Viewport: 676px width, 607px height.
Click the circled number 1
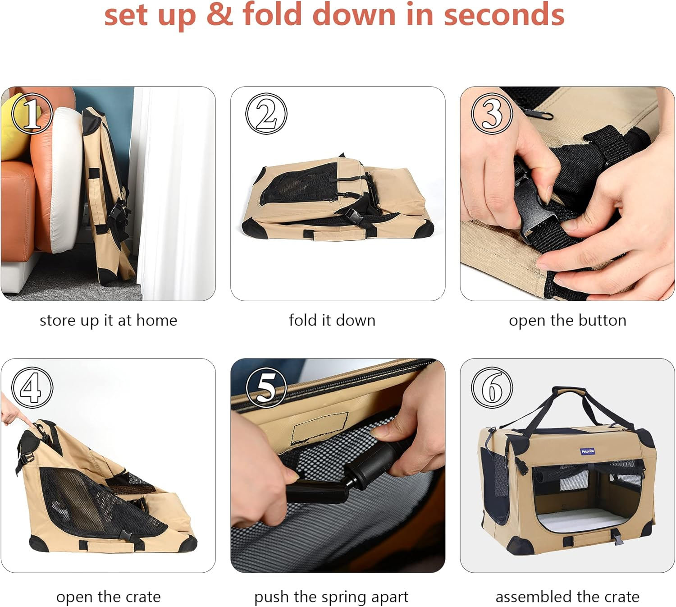click(32, 114)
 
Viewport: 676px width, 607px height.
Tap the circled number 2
click(266, 114)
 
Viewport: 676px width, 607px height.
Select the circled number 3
click(492, 114)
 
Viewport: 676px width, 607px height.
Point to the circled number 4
click(32, 388)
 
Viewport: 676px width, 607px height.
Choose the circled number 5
click(266, 388)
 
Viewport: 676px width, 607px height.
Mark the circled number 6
click(492, 388)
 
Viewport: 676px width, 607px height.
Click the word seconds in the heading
click(504, 15)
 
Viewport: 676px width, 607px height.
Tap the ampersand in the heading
click(219, 15)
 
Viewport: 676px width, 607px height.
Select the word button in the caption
click(602, 321)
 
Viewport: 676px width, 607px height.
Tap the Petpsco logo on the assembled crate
click(587, 451)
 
